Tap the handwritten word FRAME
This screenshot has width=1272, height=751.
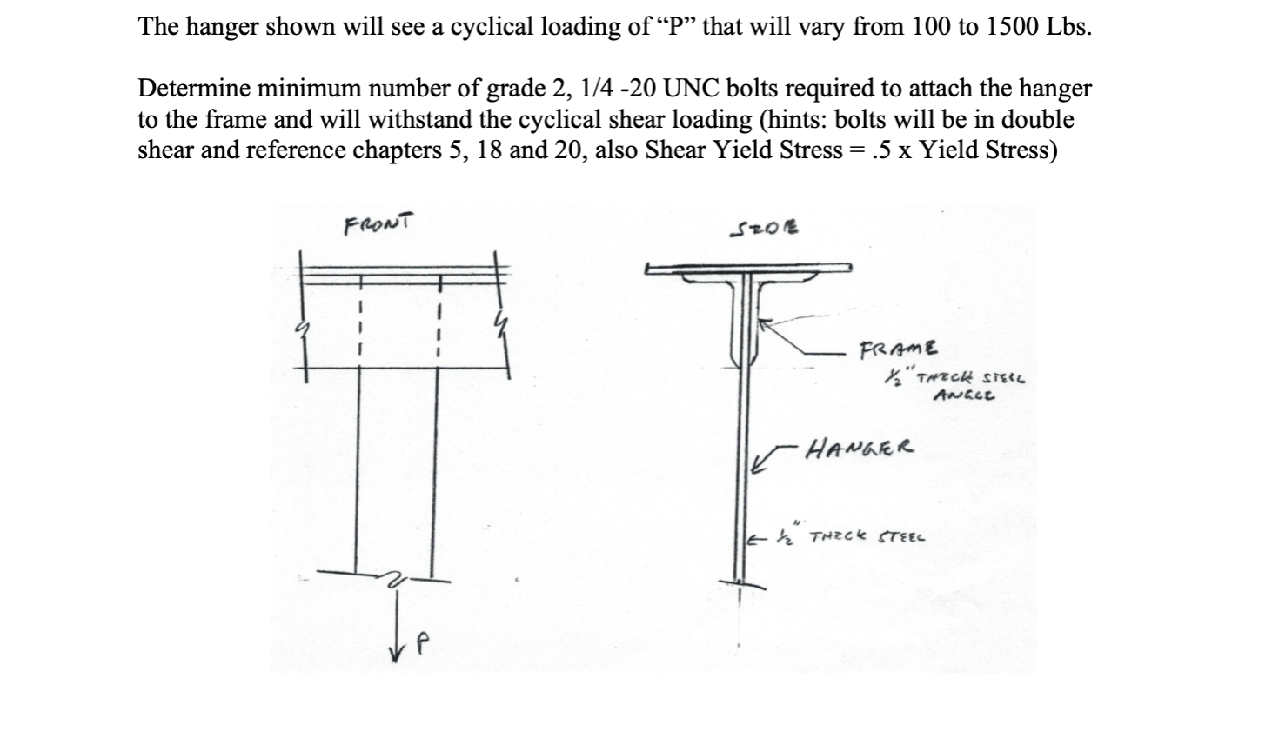coord(898,349)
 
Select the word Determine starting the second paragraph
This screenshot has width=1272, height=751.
coord(192,89)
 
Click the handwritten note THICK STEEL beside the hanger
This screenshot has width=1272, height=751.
coord(867,536)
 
